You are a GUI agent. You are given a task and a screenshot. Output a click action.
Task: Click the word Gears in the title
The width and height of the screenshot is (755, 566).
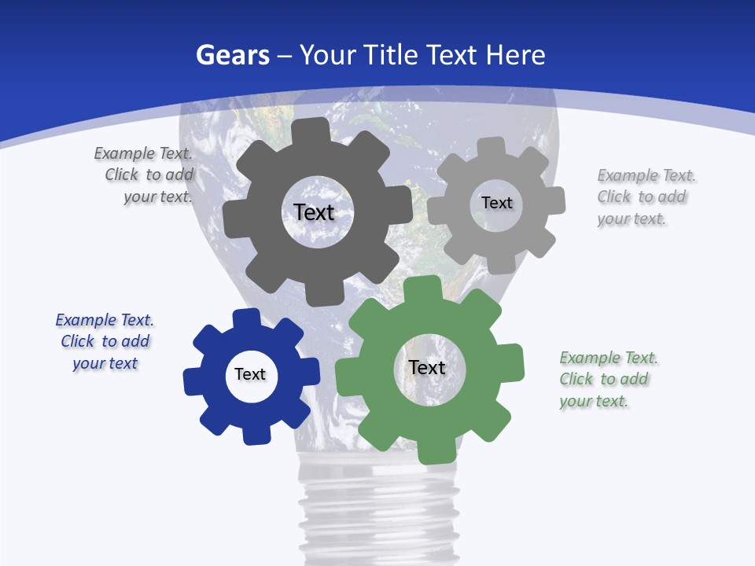click(232, 55)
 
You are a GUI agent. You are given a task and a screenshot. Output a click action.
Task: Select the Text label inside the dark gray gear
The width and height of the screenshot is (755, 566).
click(314, 212)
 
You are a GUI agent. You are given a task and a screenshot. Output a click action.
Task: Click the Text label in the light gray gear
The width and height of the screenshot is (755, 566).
click(496, 203)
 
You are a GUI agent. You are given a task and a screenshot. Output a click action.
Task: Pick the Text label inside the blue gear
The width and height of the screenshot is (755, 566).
click(250, 374)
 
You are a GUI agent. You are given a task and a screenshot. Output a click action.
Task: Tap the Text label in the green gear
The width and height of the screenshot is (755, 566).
click(427, 367)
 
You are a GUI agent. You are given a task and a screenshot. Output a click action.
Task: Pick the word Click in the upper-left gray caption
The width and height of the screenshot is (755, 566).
click(122, 175)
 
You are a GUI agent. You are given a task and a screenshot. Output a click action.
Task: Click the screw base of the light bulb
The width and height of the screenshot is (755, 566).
click(377, 511)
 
